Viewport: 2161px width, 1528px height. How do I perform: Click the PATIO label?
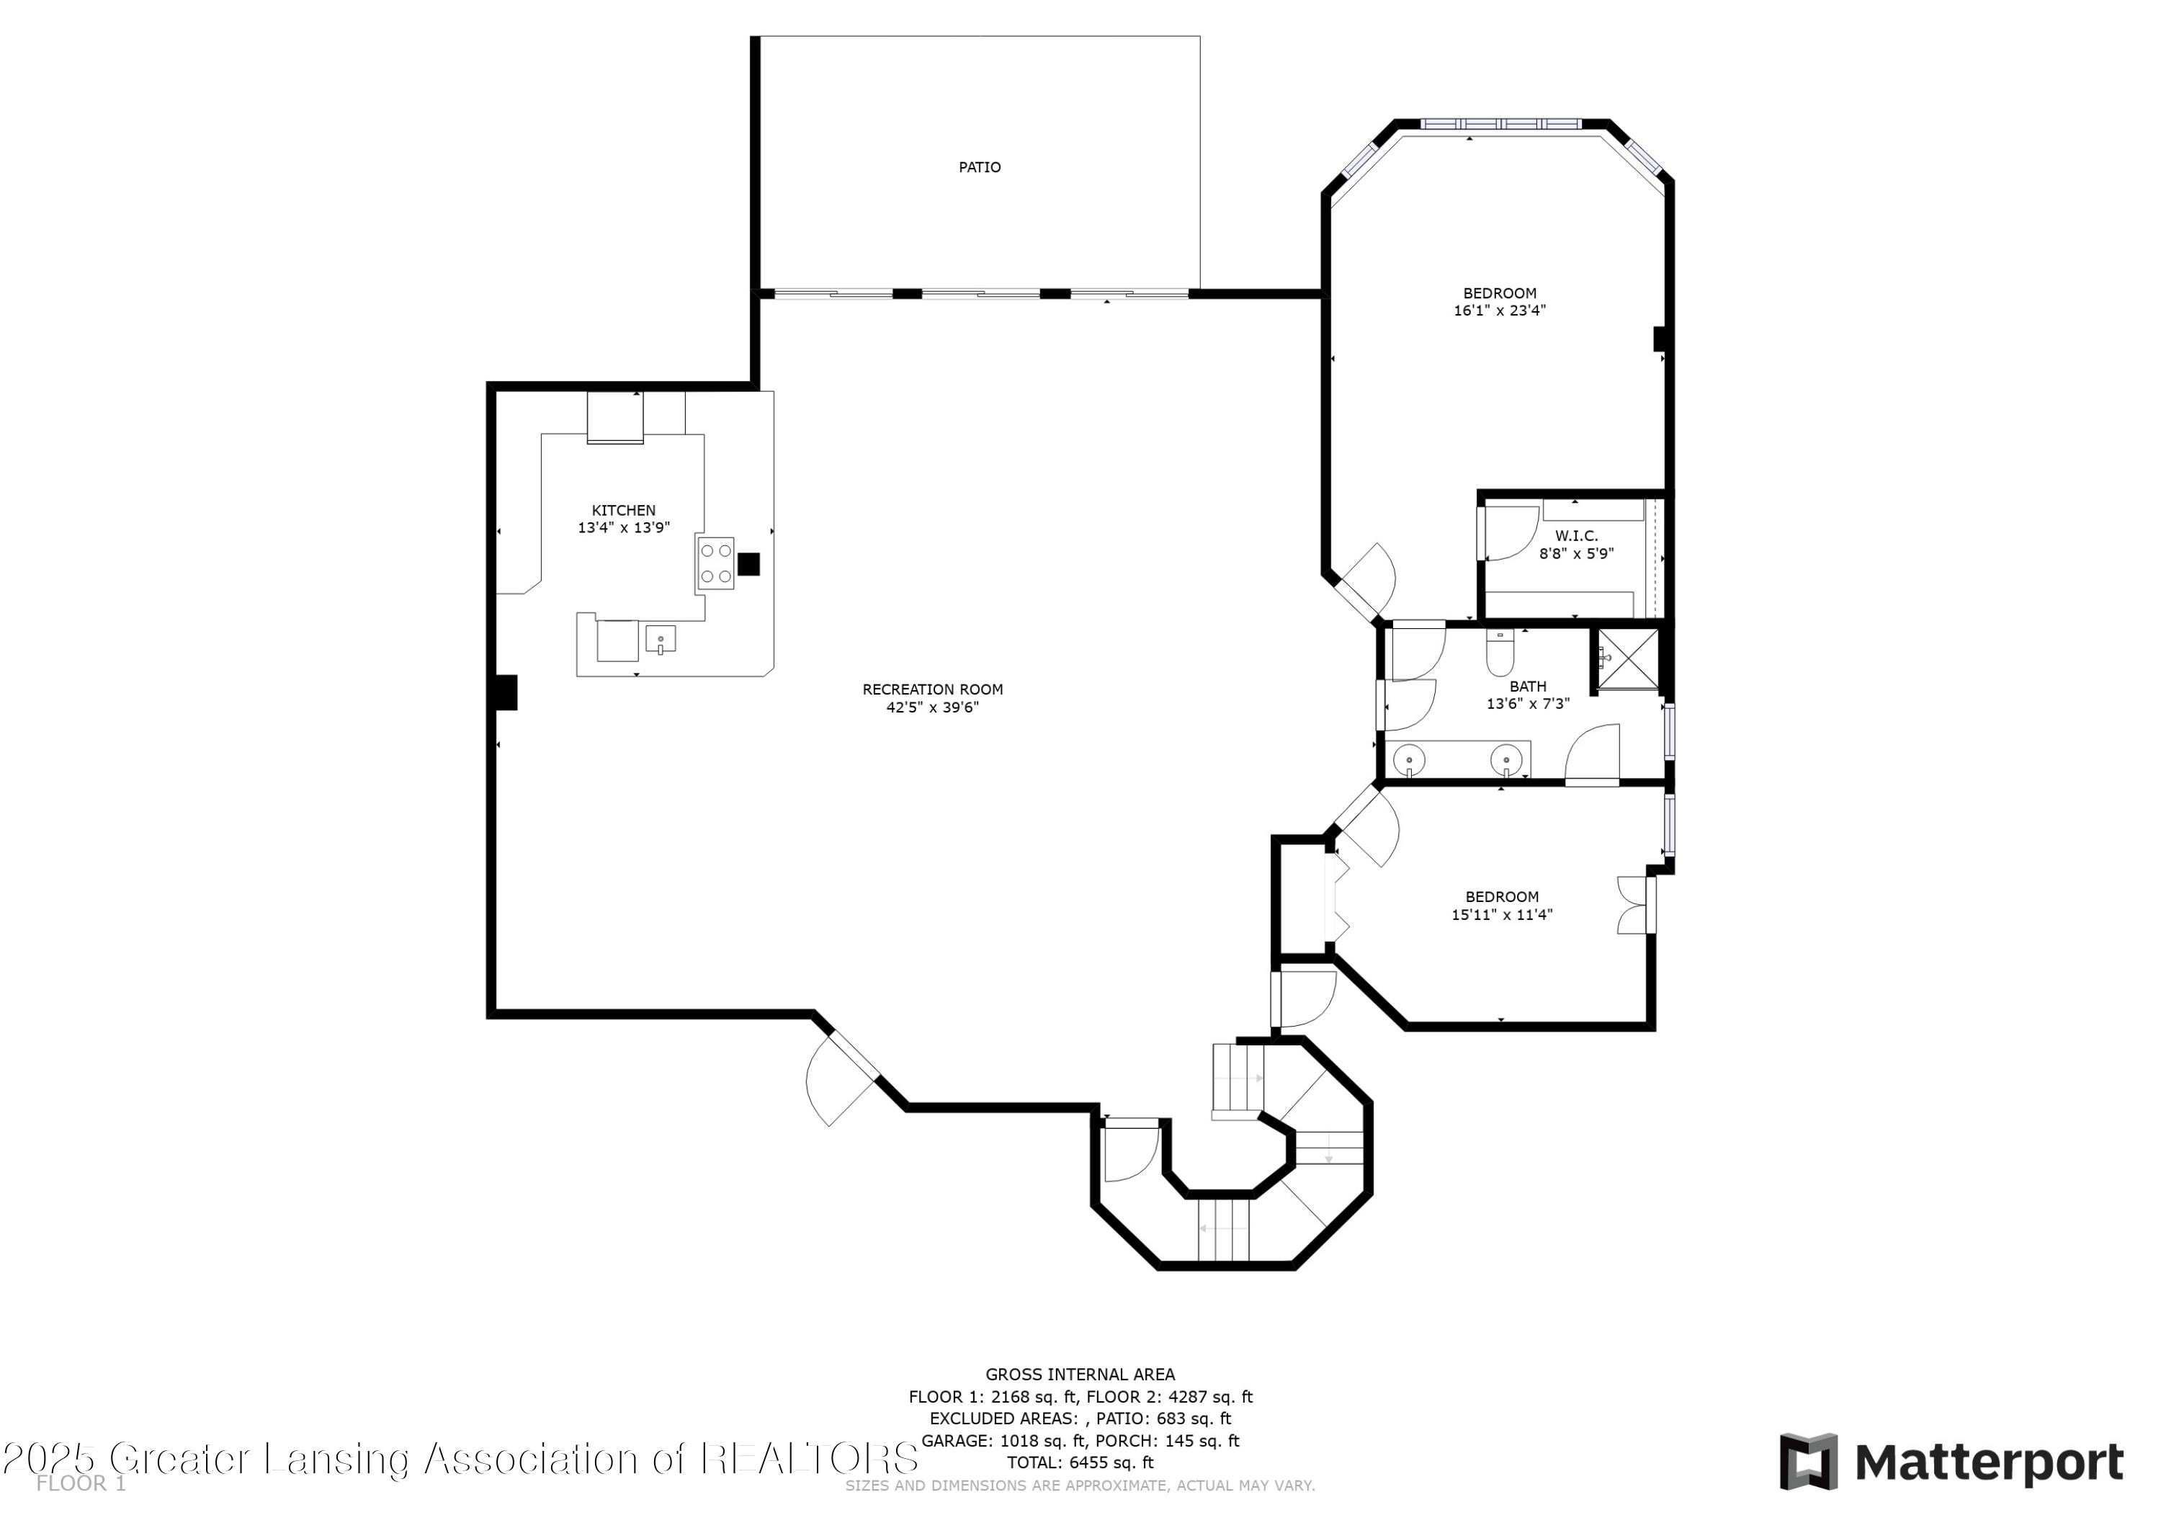[979, 168]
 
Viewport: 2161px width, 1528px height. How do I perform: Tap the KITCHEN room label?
[623, 510]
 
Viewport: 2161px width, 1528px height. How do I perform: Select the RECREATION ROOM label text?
[933, 689]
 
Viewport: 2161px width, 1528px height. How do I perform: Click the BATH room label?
[1528, 687]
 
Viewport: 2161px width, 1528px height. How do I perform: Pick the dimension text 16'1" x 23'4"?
[1499, 310]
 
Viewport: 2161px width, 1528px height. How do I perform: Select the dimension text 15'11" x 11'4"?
[1502, 914]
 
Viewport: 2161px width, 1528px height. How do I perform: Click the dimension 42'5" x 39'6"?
[933, 707]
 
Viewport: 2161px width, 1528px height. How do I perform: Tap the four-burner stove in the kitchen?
[715, 563]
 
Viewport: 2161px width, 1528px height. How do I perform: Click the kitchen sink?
[661, 639]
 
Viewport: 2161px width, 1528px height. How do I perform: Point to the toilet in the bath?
[1500, 651]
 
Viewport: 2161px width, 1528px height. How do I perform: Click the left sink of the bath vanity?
[1409, 758]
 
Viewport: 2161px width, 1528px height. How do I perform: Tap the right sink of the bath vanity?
[1506, 758]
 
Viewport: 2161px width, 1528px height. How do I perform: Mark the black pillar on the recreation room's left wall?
[506, 692]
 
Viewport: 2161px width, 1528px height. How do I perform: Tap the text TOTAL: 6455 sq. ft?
[1080, 1462]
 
